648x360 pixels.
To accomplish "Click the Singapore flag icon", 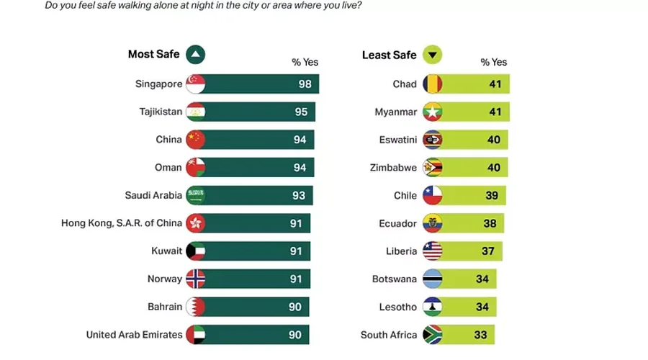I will [195, 84].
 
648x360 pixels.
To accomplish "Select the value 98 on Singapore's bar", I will [305, 84].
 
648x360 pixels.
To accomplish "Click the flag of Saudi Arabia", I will [195, 195].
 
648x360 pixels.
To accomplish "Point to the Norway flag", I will [195, 279].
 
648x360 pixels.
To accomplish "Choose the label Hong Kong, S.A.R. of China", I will [122, 223].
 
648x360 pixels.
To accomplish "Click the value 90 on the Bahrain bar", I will [295, 307].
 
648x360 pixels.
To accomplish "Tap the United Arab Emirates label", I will [134, 335].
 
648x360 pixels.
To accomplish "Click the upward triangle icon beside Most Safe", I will [195, 55].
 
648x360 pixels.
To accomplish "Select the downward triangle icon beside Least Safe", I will [432, 55].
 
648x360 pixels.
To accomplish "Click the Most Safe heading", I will [153, 55].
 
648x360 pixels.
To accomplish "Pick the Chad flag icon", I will [432, 84].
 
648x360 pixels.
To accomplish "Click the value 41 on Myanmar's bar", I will [495, 112].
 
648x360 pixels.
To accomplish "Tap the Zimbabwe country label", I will [393, 168].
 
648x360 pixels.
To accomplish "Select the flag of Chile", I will [432, 195].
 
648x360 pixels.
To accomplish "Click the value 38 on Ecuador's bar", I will [490, 223].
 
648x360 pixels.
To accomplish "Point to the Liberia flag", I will [432, 251].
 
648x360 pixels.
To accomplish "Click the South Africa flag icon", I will [432, 335].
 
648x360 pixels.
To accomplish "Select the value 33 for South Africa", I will [481, 335].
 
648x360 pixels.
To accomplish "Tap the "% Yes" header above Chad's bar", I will [494, 63].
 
